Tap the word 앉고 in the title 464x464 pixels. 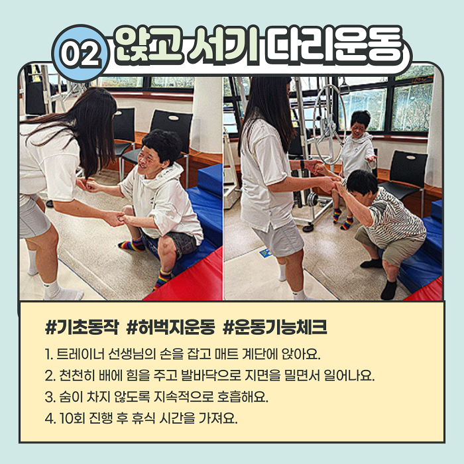click(x=148, y=45)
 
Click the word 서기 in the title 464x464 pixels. click(x=224, y=45)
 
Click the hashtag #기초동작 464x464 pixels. click(x=82, y=327)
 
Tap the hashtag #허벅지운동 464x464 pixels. click(x=170, y=327)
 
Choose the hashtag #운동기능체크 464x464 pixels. click(x=275, y=327)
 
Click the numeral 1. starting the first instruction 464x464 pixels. click(x=49, y=354)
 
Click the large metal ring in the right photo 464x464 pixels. click(x=329, y=124)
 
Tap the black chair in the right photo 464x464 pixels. click(x=406, y=177)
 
